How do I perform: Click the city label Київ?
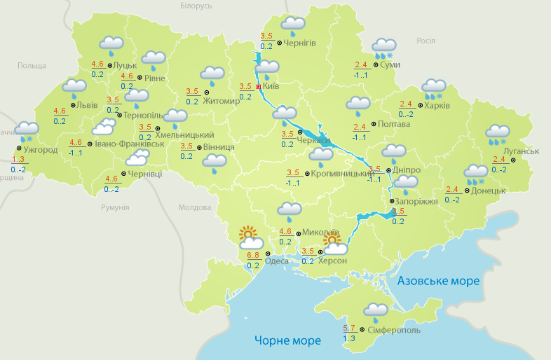coord(271,87)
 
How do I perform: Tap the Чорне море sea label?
coord(287,340)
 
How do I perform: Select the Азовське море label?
coord(438,281)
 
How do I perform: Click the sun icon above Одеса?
coord(248,235)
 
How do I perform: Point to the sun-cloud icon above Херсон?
coord(334,244)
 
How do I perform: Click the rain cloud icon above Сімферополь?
coord(376,310)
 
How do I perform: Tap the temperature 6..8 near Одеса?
coord(253,255)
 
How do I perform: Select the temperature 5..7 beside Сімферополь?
coord(349,328)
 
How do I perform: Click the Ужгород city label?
coord(41,149)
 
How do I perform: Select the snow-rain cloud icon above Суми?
coord(383,47)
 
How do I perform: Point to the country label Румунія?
coord(115,207)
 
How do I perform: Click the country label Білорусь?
coord(196,6)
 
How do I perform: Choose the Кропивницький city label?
coord(341,172)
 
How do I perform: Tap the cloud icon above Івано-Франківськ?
coord(104,127)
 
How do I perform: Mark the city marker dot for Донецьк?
coord(468,190)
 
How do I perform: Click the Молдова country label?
coord(194,207)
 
